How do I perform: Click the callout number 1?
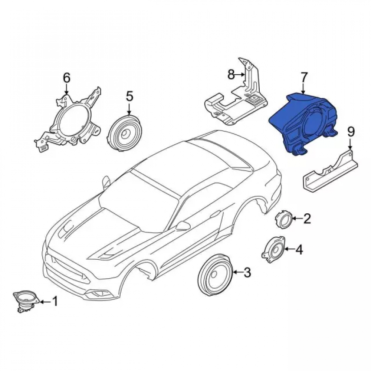pyautogui.click(x=55, y=301)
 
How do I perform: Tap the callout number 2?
pyautogui.click(x=307, y=219)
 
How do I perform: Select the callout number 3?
pyautogui.click(x=247, y=273)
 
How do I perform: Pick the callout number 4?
pyautogui.click(x=299, y=250)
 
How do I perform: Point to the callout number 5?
pyautogui.click(x=129, y=96)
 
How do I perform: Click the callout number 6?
pyautogui.click(x=67, y=78)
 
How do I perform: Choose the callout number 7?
pyautogui.click(x=304, y=78)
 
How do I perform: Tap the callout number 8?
pyautogui.click(x=231, y=75)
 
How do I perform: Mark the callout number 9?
pyautogui.click(x=351, y=132)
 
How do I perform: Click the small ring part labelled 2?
pyautogui.click(x=284, y=219)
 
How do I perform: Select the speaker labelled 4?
pyautogui.click(x=274, y=249)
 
